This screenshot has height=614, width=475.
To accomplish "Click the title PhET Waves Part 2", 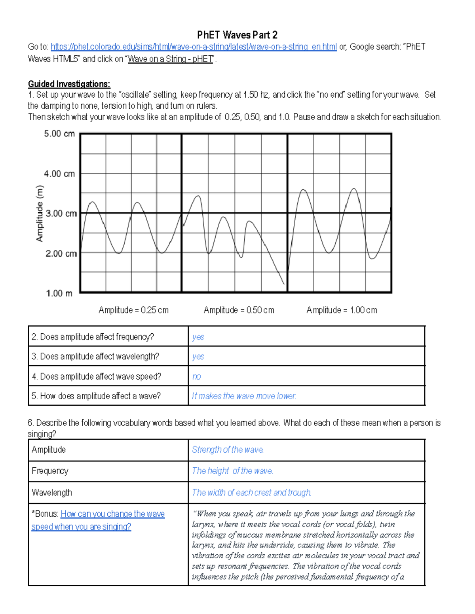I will (237, 35).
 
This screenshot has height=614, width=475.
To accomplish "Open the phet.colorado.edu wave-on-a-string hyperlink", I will (194, 47).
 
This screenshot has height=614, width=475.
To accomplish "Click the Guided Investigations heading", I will (69, 84).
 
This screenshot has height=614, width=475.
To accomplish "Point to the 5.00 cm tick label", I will (59, 134).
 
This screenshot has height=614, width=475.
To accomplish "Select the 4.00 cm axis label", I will (59, 174).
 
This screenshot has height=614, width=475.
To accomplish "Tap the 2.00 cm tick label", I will (61, 253).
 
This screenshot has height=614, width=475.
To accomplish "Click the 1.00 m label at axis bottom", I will (59, 293).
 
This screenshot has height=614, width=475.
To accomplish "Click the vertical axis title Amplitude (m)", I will (40, 213).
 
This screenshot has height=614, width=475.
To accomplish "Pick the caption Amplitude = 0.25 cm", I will (133, 310).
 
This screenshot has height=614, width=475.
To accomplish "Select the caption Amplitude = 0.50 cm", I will (239, 310).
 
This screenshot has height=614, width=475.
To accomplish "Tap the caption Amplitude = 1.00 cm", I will (342, 310).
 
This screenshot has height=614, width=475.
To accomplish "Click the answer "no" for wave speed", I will (196, 377).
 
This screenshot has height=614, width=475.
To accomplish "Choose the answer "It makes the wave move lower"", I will (244, 396).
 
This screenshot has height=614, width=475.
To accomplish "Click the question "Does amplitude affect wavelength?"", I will (95, 357).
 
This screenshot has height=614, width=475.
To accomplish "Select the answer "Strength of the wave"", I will (228, 450).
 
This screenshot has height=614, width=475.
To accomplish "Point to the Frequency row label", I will (50, 471).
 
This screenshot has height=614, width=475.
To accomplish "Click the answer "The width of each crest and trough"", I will (251, 493).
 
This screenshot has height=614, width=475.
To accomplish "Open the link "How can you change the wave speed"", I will (112, 514).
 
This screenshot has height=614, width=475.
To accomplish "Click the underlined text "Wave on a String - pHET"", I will (171, 59).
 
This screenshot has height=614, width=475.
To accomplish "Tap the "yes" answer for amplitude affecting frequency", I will (198, 337).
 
